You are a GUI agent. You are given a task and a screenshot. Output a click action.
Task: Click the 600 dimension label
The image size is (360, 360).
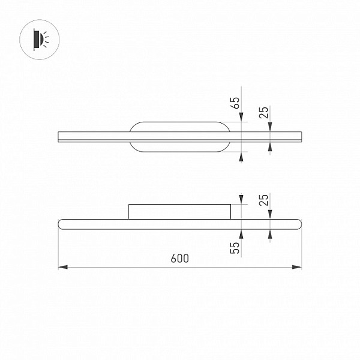(180, 258)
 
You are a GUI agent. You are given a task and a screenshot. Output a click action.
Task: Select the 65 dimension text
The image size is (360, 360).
(235, 103)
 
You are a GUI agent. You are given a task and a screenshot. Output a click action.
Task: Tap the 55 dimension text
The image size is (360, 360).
(235, 248)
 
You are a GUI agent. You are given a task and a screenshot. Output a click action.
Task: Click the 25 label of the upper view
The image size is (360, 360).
(264, 113)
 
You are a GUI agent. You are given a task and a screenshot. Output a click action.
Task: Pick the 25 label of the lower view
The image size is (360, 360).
(264, 200)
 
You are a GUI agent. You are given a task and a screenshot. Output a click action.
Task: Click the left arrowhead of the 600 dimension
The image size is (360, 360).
(63, 267)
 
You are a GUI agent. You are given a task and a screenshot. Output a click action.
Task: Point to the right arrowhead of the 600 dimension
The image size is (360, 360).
(296, 267)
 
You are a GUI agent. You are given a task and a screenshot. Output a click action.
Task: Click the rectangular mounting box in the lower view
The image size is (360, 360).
(179, 212)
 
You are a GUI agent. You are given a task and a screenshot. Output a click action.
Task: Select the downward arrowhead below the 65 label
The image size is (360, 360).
(241, 117)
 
